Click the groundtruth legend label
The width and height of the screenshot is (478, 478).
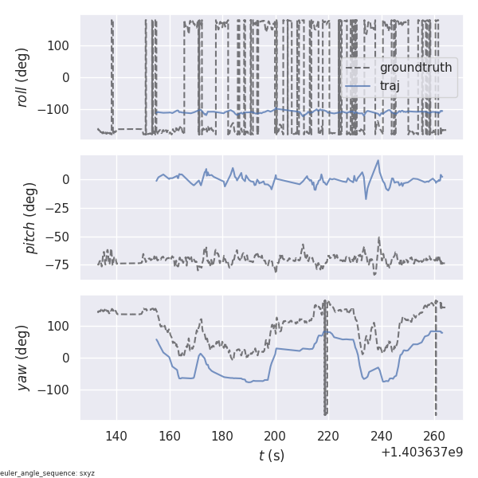[416, 68]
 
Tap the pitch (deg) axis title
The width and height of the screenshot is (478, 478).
[30, 217]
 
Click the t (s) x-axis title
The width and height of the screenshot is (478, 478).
[271, 455]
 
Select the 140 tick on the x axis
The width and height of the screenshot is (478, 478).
[116, 436]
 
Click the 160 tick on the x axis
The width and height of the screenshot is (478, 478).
[170, 436]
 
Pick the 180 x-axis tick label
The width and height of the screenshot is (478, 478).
[222, 436]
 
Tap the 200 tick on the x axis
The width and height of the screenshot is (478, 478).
[276, 436]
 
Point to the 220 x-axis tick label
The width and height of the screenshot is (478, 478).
[328, 436]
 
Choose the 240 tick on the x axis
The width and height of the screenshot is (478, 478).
[382, 436]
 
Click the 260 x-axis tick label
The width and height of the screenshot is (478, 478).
[434, 436]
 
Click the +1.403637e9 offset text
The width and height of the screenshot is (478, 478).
[421, 453]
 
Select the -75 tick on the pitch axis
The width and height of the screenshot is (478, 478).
[61, 265]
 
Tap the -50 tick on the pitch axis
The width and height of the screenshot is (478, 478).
[61, 237]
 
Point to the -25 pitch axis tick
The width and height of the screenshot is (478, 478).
[61, 208]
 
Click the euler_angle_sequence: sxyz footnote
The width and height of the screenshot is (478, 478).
[48, 473]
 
